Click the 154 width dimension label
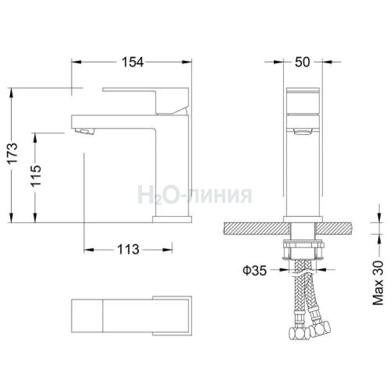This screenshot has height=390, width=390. tap(133, 62)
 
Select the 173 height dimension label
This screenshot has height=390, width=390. tap(12, 153)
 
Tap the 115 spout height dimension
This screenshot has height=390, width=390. tap(35, 175)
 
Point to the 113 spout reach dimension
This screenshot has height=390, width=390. tap(128, 249)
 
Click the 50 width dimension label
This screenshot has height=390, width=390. tap(303, 62)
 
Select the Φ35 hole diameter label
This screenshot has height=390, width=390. tap(254, 270)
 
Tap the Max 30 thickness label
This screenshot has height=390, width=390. tap(378, 283)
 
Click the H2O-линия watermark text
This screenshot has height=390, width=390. tap(195, 195)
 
